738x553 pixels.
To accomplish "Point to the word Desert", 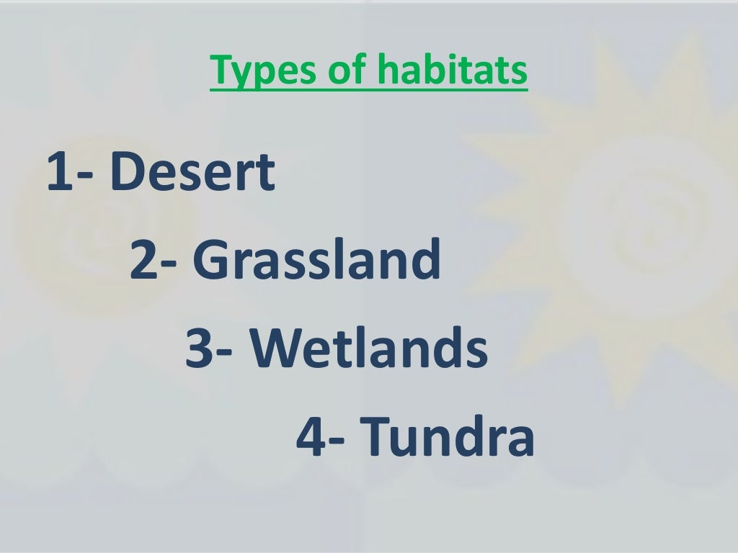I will click(x=193, y=173).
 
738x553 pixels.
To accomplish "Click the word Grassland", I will click(x=317, y=261).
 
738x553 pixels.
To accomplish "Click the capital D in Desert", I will click(x=128, y=173).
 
